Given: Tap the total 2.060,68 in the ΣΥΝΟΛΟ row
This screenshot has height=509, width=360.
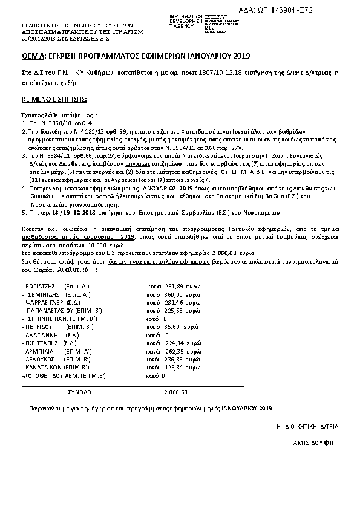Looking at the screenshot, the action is pos(175,392).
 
